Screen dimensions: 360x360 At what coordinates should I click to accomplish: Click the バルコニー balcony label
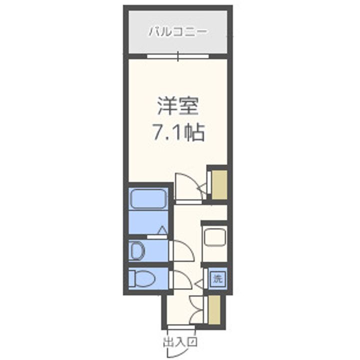pos(178,33)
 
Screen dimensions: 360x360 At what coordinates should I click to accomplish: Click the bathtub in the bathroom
pos(147,200)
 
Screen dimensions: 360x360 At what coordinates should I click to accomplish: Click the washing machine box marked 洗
pos(217,278)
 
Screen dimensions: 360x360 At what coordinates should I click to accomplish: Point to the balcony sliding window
pos(178,56)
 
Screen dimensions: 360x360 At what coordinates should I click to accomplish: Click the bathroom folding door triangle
pos(162,230)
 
